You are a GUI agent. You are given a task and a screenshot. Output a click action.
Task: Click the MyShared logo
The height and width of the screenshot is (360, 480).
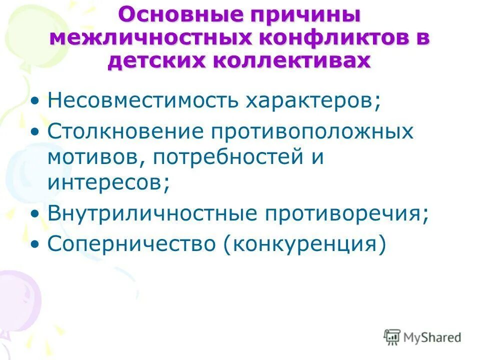coord(422,337)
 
